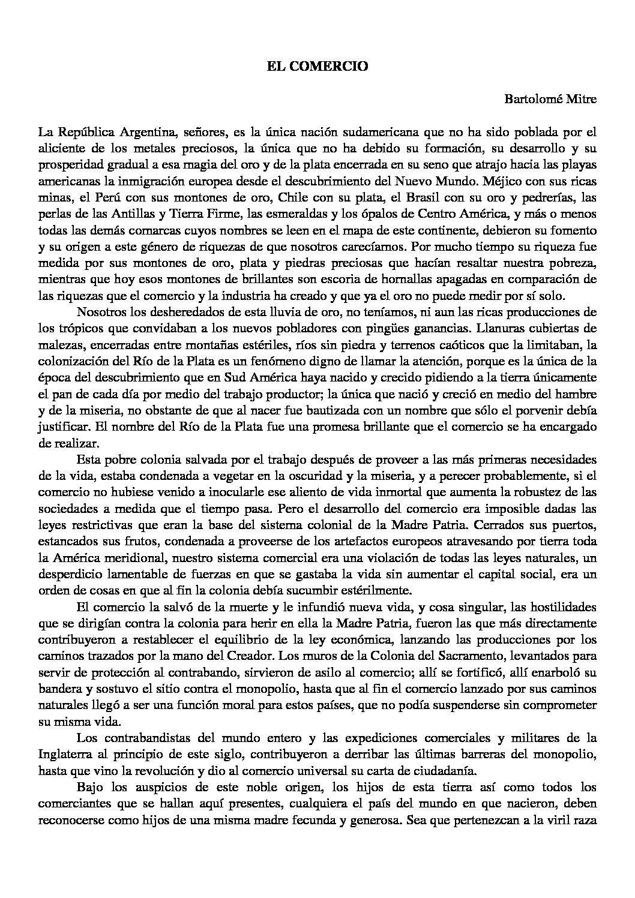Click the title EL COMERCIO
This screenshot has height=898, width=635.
[x=317, y=67]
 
